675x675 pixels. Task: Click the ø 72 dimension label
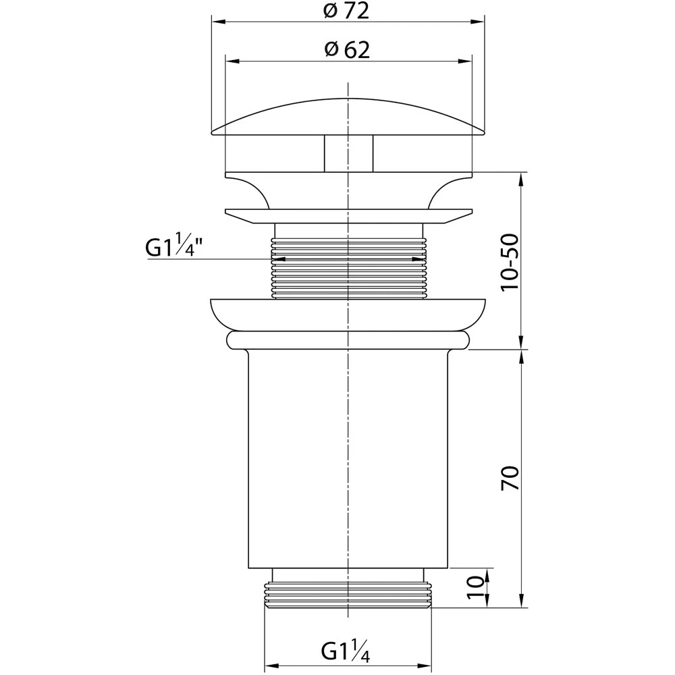click(346, 11)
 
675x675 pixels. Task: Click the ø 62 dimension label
click(347, 50)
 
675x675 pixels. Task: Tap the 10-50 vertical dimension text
click(510, 262)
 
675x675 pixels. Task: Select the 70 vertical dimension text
click(510, 478)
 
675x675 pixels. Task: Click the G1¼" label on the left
click(174, 247)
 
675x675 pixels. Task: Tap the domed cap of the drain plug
click(348, 117)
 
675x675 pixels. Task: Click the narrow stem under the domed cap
click(348, 154)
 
